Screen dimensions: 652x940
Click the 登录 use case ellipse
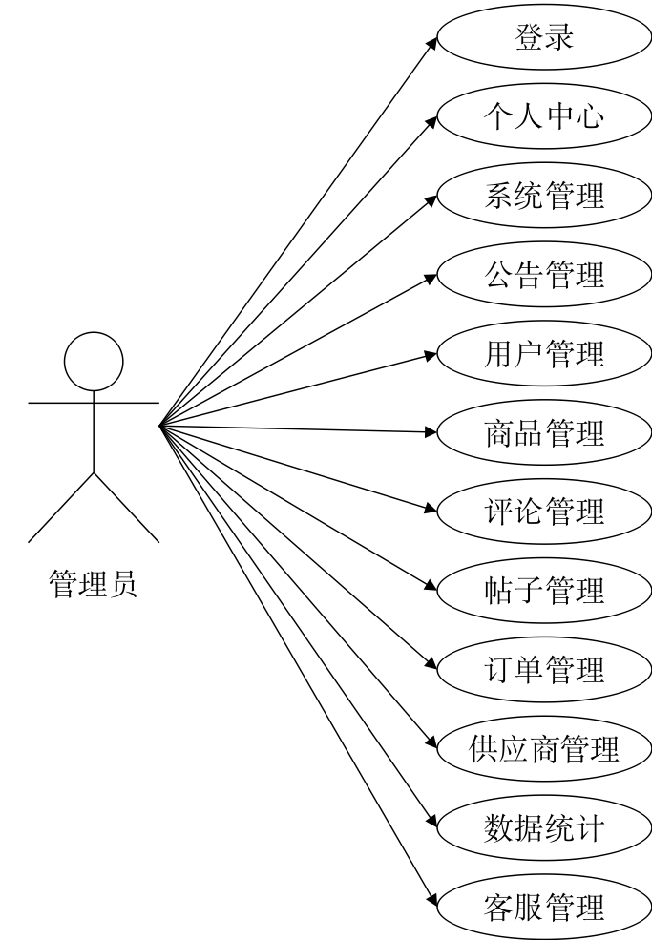coord(544,36)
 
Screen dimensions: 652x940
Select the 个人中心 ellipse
coord(544,115)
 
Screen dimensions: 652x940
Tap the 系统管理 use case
coord(544,195)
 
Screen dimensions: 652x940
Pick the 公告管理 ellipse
coord(544,274)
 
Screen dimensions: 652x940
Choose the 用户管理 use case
coord(544,353)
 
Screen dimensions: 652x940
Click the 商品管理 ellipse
coord(544,432)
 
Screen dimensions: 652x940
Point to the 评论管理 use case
coord(544,512)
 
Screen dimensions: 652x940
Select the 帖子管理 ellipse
coord(544,591)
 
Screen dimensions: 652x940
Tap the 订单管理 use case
coord(544,670)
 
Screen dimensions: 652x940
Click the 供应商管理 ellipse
coord(544,749)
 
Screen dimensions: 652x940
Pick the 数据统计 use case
coord(544,828)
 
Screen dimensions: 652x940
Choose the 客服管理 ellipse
coord(544,907)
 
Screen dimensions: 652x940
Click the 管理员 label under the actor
coord(93,584)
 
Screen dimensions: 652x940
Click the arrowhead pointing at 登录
coord(431,43)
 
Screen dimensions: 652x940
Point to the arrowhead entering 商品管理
coord(431,431)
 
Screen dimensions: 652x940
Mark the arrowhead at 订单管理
coord(431,664)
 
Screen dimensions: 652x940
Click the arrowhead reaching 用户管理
coord(431,355)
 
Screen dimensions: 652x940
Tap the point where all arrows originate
coord(159,427)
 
